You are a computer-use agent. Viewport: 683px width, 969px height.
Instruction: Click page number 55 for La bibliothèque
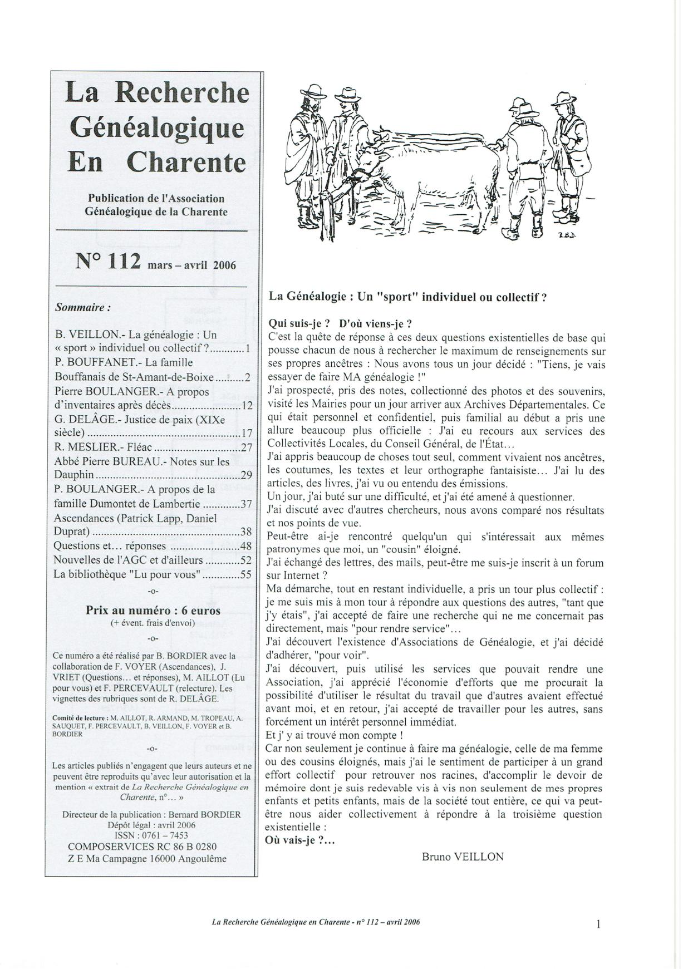point(246,575)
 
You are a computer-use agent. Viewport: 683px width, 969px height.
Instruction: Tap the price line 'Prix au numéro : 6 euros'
point(153,609)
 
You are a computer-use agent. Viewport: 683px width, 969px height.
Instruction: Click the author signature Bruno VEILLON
point(463,857)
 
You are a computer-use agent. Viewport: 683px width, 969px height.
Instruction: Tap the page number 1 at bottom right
point(598,924)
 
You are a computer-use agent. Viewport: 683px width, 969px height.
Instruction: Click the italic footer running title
point(316,922)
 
